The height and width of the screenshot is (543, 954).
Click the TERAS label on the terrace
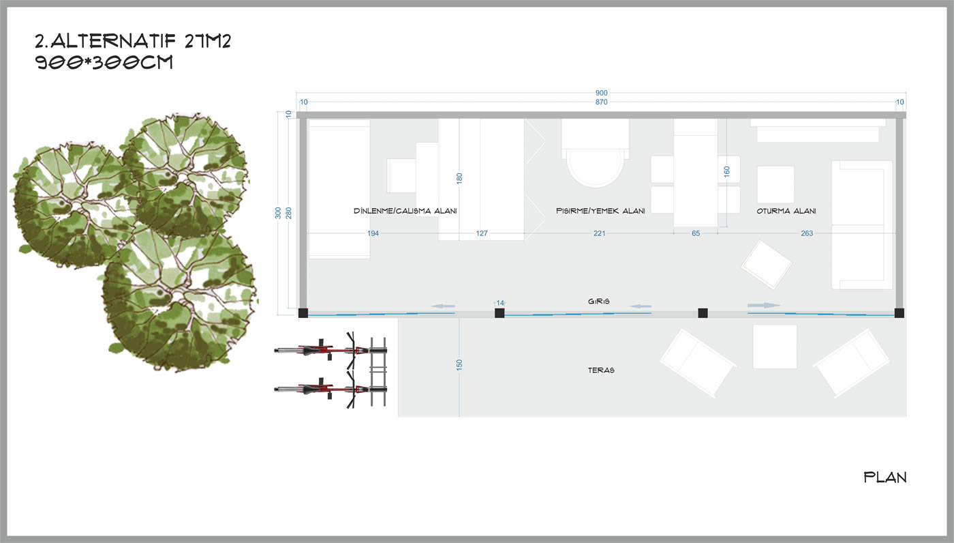pyautogui.click(x=602, y=370)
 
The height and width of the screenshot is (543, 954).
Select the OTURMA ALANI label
pyautogui.click(x=786, y=211)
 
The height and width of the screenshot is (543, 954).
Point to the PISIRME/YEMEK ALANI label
pyautogui.click(x=600, y=211)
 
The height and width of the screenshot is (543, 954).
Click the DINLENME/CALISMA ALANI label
pyautogui.click(x=405, y=211)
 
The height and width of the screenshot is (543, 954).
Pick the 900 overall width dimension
pyautogui.click(x=601, y=93)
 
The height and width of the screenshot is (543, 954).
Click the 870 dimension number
pyautogui.click(x=601, y=102)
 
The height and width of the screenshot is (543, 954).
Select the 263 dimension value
pyautogui.click(x=807, y=233)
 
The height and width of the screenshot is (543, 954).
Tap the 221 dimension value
pyautogui.click(x=600, y=233)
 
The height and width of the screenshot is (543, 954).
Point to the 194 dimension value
pyautogui.click(x=373, y=233)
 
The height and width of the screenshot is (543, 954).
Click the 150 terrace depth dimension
pyautogui.click(x=459, y=366)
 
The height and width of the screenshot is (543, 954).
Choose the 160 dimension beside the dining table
pyautogui.click(x=726, y=172)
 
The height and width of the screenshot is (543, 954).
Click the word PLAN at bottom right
pyautogui.click(x=885, y=478)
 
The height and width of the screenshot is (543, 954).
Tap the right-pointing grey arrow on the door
pyautogui.click(x=764, y=306)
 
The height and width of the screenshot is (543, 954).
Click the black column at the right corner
pyautogui.click(x=899, y=313)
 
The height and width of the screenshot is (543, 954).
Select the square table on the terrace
pyautogui.click(x=775, y=347)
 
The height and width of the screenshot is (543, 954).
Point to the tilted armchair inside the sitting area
pyautogui.click(x=767, y=263)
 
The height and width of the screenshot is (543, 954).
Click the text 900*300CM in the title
pyautogui.click(x=104, y=63)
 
